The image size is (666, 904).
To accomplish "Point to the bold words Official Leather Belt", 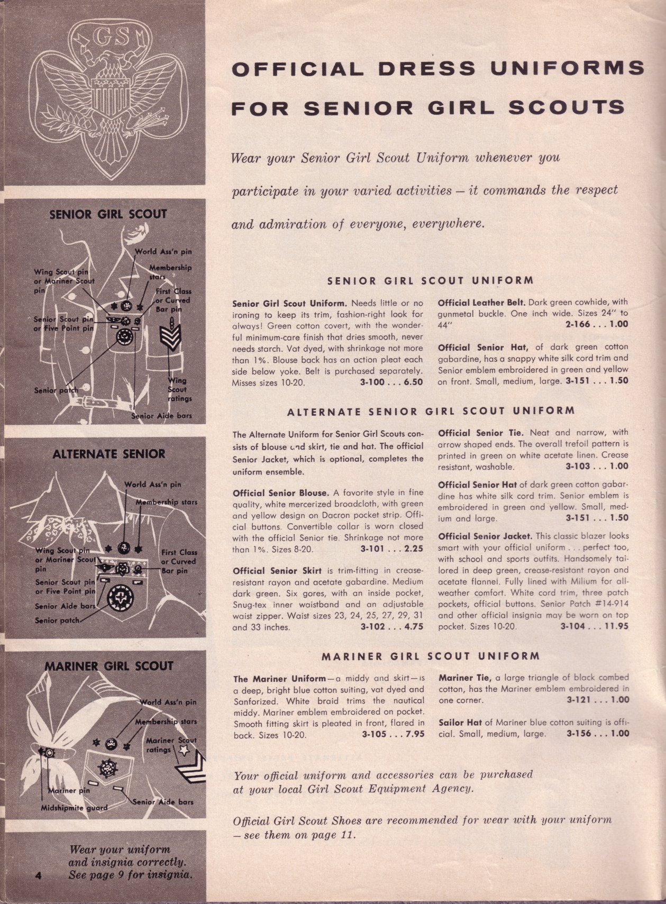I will point(481,303).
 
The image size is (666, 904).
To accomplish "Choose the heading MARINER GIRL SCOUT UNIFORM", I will point(431,656).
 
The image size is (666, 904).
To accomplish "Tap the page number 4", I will point(38,875).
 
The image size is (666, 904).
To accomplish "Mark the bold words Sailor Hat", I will point(460,723).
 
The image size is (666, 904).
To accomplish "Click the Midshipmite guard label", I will point(74,808).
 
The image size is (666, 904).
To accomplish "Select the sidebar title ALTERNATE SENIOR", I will point(109,454).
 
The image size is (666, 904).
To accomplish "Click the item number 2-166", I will point(581,324).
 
